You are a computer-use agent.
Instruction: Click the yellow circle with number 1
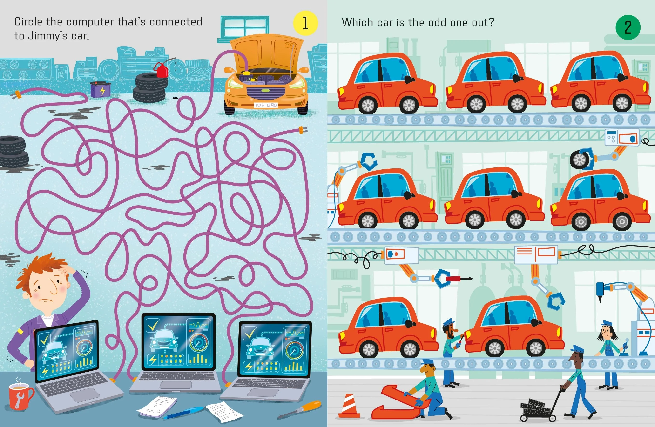coord(305,23)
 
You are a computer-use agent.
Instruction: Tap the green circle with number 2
coord(628,27)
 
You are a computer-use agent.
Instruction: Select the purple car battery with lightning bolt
coord(101,89)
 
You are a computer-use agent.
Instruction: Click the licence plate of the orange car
coord(266,105)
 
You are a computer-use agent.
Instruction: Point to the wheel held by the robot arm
coord(580,160)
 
